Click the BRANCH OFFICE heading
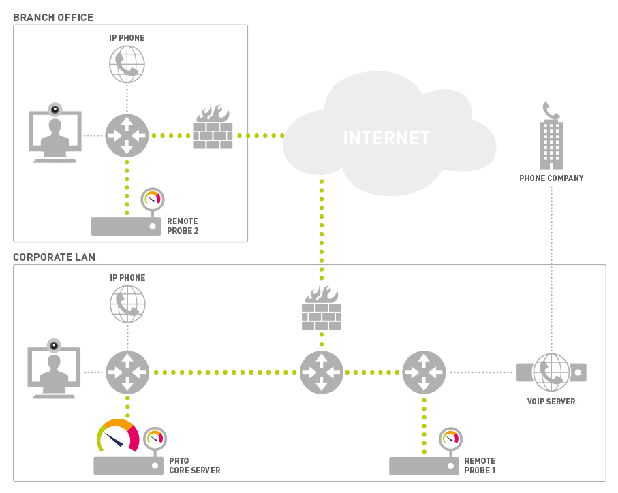tap(53, 18)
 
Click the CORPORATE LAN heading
tap(54, 257)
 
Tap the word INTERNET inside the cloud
tap(386, 138)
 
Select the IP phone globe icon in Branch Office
tap(127, 64)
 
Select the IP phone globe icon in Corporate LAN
tap(127, 304)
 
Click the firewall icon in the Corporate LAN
tap(322, 309)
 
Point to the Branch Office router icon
tap(127, 136)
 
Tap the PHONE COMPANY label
tap(551, 178)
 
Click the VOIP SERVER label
tap(551, 402)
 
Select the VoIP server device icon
tap(551, 372)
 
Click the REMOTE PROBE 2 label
tap(183, 226)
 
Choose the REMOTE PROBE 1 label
tap(480, 466)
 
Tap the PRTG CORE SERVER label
tap(195, 466)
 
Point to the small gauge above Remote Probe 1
tap(450, 439)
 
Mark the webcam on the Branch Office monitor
tap(55, 108)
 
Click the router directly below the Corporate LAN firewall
tap(322, 372)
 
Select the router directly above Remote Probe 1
tap(423, 372)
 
